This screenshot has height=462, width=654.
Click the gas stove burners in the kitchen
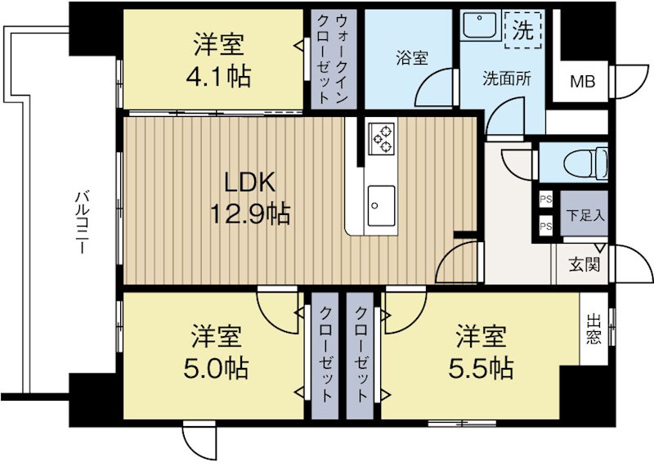[381, 138]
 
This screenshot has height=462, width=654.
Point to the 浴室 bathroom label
[413, 59]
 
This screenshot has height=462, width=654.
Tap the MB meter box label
[583, 81]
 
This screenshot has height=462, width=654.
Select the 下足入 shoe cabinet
[585, 216]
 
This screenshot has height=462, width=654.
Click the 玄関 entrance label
[584, 265]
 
